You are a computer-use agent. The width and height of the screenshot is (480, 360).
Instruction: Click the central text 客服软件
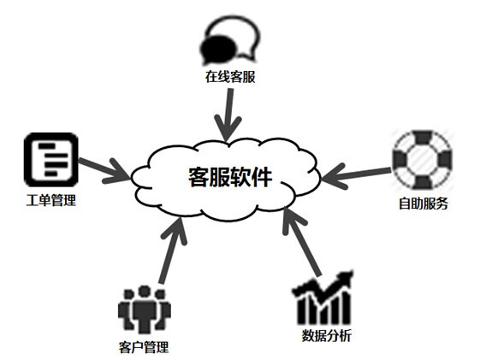pyautogui.click(x=230, y=177)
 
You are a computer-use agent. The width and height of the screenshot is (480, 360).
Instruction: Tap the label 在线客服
pyautogui.click(x=230, y=77)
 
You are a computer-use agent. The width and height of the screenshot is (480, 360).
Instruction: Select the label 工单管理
pyautogui.click(x=50, y=201)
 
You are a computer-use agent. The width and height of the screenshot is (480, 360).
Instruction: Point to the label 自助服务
pyautogui.click(x=424, y=204)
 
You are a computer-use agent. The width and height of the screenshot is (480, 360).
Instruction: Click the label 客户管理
pyautogui.click(x=144, y=347)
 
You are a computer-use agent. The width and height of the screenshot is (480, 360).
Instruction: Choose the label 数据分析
pyautogui.click(x=326, y=335)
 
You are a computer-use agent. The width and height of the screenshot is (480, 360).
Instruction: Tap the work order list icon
pyautogui.click(x=51, y=160)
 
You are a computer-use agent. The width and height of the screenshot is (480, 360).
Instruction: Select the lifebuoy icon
pyautogui.click(x=423, y=159)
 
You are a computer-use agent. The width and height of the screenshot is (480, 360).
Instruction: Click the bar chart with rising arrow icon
pyautogui.click(x=322, y=298)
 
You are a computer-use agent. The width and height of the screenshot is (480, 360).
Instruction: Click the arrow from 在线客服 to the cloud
pyautogui.click(x=228, y=115)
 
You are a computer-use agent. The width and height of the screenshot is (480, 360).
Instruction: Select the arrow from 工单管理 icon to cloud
pyautogui.click(x=104, y=170)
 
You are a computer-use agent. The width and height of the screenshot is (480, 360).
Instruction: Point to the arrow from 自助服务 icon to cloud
pyautogui.click(x=356, y=176)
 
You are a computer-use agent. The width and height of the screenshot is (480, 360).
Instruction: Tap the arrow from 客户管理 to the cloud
pyautogui.click(x=172, y=251)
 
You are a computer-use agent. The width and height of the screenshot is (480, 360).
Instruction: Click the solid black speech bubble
pyautogui.click(x=219, y=49)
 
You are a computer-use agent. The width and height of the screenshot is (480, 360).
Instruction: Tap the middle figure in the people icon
pyautogui.click(x=144, y=310)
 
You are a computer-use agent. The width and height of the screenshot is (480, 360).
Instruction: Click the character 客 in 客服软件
pyautogui.click(x=199, y=177)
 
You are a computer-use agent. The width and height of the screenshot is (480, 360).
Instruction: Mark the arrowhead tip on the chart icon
pyautogui.click(x=352, y=271)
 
